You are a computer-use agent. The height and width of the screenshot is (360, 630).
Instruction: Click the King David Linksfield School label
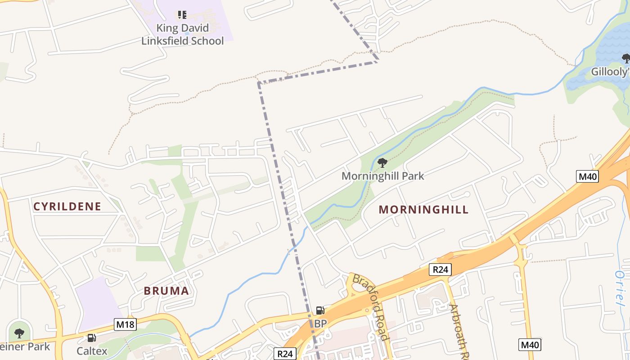pyautogui.click(x=183, y=35)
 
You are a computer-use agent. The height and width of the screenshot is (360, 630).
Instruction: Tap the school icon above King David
pyautogui.click(x=182, y=15)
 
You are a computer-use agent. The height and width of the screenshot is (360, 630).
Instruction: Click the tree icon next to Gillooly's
pyautogui.click(x=625, y=58)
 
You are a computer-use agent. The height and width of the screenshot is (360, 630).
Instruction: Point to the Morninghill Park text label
pyautogui.click(x=382, y=176)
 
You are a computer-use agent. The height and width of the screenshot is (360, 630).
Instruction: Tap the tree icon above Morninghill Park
pyautogui.click(x=382, y=162)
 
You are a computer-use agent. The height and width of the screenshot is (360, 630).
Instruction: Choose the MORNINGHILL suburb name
pyautogui.click(x=423, y=210)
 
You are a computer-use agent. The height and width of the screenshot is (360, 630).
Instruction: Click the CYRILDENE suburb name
pyautogui.click(x=67, y=207)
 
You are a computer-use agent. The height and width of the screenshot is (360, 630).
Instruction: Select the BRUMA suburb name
pyautogui.click(x=166, y=291)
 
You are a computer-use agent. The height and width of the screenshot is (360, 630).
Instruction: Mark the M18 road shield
pyautogui.click(x=125, y=324)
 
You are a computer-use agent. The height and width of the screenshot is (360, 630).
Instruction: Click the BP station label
pyautogui.click(x=320, y=324)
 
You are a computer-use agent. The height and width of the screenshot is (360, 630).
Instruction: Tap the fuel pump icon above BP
pyautogui.click(x=320, y=310)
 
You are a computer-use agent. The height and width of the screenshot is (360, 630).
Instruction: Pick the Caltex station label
pyautogui.click(x=92, y=351)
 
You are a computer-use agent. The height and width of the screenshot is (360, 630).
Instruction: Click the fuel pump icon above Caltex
pyautogui.click(x=91, y=337)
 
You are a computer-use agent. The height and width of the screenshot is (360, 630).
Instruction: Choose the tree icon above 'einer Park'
pyautogui.click(x=19, y=333)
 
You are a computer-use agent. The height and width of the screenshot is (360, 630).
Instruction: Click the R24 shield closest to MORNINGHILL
pyautogui.click(x=440, y=270)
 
